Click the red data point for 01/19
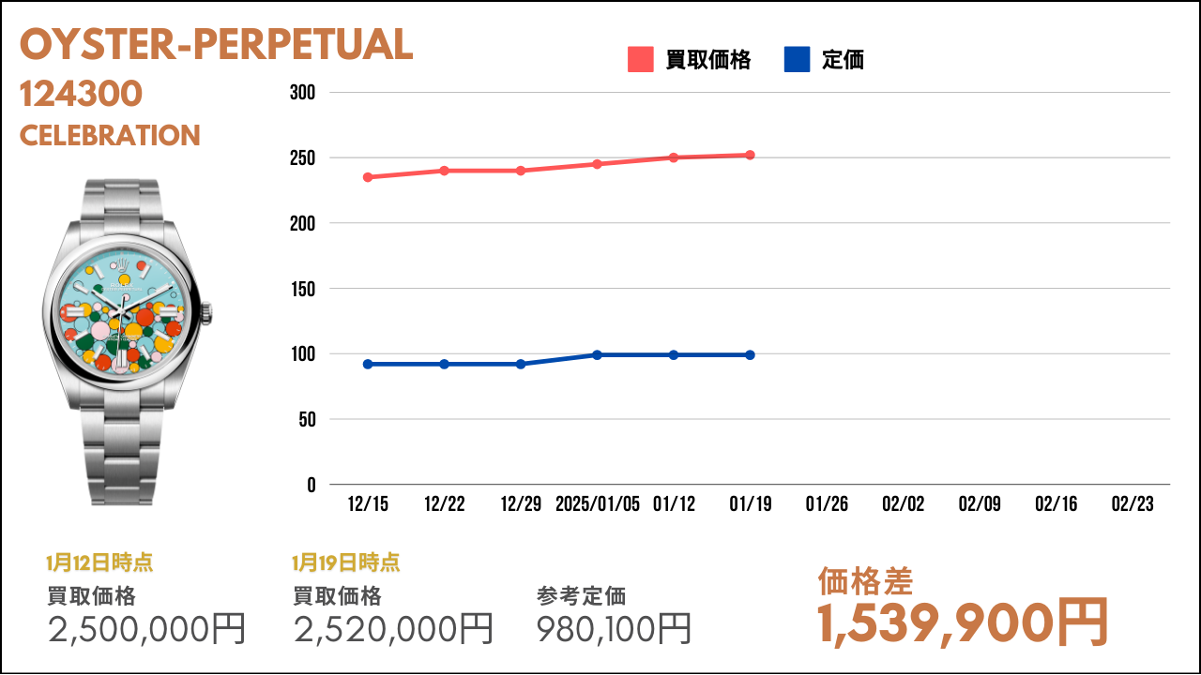point(750,155)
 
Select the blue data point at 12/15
point(368,365)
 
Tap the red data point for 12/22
point(445,171)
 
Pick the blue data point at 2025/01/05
point(598,354)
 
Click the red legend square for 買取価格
point(641,59)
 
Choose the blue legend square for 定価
point(797,59)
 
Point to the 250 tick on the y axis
point(302,158)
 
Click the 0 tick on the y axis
point(312,485)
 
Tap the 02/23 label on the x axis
point(1133,503)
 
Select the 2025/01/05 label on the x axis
point(598,503)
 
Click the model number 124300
point(81,94)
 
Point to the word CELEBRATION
point(110,135)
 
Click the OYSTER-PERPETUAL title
point(216,44)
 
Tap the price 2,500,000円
point(146,628)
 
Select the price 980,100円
point(614,628)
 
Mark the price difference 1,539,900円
point(963,623)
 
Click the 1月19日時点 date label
point(346,562)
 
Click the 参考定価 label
point(581,595)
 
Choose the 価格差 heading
point(865,581)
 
